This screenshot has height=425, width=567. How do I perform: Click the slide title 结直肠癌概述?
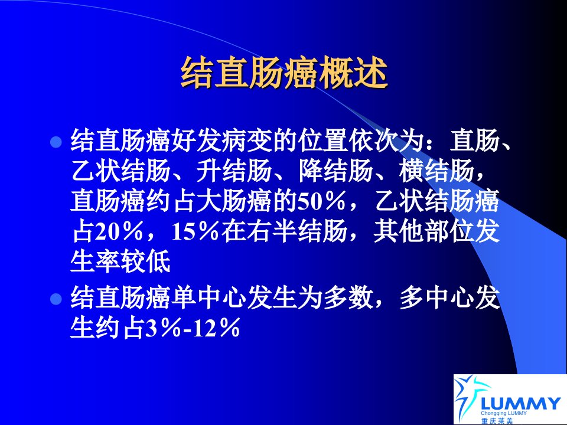(284, 73)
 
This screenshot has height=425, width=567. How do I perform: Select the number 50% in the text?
(321, 201)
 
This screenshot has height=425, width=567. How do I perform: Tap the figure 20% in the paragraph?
(119, 231)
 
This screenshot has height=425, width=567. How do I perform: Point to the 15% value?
(195, 231)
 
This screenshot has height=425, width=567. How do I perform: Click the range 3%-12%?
(193, 328)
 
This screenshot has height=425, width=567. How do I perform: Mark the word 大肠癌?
(234, 201)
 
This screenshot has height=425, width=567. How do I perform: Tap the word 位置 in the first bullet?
(323, 140)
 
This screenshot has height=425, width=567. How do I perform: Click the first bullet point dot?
(56, 142)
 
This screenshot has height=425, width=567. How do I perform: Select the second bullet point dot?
(56, 299)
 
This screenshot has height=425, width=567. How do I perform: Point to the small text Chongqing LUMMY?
(504, 413)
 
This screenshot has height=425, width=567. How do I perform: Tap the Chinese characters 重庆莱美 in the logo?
(497, 421)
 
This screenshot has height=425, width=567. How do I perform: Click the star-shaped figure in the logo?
(466, 395)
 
